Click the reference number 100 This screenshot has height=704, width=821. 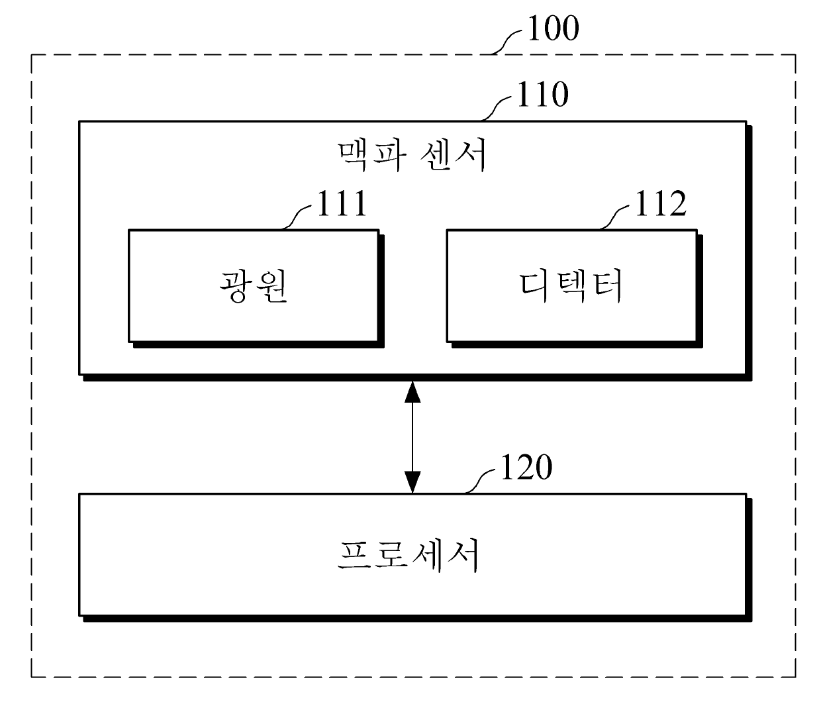coord(552,28)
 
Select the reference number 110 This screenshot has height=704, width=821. coord(542,95)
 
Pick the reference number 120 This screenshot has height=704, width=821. coord(526,467)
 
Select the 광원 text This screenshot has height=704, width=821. coord(254,285)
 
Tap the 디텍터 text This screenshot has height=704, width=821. coord(571,285)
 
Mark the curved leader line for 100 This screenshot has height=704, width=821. coord(508,42)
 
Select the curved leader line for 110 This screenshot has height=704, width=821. coord(498,108)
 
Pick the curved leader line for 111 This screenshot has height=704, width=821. coord(297,217)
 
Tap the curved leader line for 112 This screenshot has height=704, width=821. coord(616,217)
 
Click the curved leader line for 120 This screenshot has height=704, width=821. coord(481,480)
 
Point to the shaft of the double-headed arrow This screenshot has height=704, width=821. coord(412,437)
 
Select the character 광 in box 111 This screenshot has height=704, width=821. coord(235,285)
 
